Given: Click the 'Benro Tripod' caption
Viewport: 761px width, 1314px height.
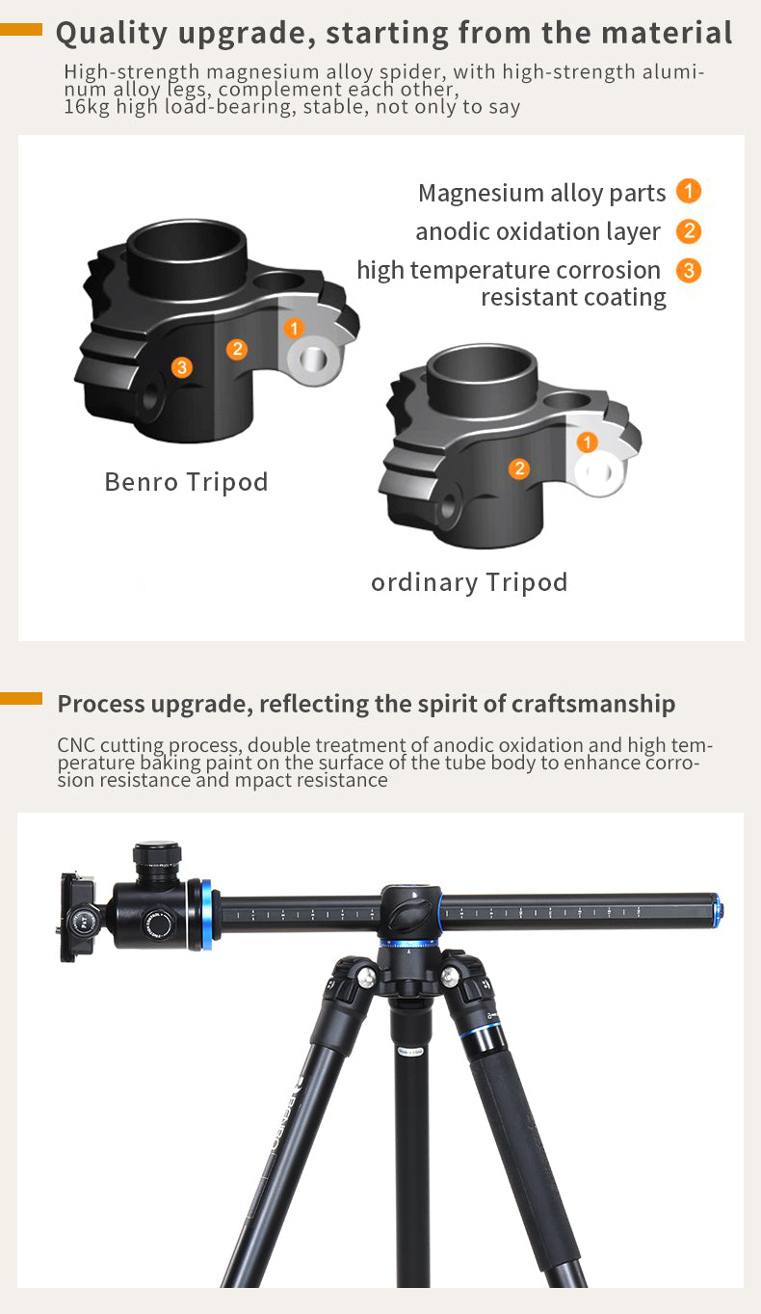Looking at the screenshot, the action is (x=186, y=482).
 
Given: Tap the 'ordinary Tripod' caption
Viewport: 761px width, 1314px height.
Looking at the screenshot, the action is (x=469, y=582).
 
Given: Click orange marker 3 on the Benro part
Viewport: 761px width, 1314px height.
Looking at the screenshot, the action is (x=182, y=367).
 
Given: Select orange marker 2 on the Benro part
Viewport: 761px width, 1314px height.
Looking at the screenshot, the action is (x=237, y=349).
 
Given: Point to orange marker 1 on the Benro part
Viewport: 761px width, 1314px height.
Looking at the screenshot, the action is (x=294, y=328).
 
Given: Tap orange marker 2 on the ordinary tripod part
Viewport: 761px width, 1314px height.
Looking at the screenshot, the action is (x=519, y=469).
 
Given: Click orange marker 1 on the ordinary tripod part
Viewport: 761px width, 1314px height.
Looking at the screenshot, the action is (x=587, y=442).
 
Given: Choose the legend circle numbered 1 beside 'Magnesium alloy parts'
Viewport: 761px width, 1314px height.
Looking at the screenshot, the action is (x=689, y=191).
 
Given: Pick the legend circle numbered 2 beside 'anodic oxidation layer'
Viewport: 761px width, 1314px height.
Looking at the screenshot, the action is (x=689, y=231).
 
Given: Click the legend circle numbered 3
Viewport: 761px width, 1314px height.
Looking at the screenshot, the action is (x=689, y=271).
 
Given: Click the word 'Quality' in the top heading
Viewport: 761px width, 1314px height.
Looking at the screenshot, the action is (x=112, y=34).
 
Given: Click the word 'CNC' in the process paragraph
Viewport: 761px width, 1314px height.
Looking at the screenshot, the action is (x=76, y=744).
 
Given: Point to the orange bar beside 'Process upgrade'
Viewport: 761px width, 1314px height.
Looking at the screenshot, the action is (x=21, y=698).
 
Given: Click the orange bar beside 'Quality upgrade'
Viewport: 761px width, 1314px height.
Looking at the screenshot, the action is (x=21, y=29).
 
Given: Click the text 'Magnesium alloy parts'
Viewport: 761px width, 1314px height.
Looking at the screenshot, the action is (x=541, y=193).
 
